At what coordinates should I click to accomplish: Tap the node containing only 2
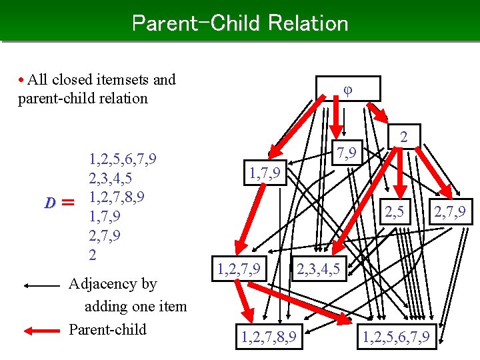tap(403, 138)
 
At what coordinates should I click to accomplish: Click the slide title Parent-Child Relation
tap(240, 23)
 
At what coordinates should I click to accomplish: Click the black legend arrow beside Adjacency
tap(41, 285)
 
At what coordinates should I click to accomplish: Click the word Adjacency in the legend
tap(113, 284)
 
